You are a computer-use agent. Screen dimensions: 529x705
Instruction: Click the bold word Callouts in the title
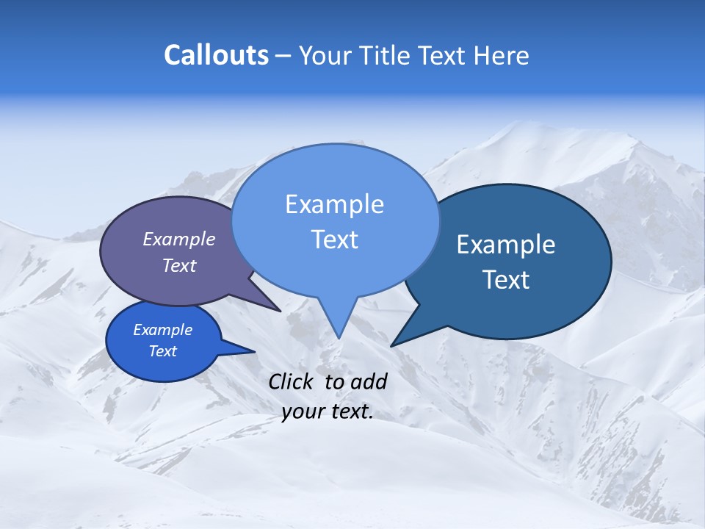217,55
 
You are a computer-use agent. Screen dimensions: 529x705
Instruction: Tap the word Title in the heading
385,55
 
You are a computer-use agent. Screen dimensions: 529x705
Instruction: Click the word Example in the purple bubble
179,239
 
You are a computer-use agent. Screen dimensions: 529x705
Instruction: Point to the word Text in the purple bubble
179,265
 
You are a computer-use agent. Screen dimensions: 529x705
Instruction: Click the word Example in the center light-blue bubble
334,204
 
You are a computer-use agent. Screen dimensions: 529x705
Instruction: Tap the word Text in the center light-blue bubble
334,240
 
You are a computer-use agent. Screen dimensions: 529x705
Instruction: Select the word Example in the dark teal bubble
506,245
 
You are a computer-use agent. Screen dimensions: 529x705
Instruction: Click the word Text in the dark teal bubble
506,280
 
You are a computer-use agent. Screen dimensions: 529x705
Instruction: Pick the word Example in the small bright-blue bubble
163,330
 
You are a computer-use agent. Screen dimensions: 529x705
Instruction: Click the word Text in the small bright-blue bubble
163,351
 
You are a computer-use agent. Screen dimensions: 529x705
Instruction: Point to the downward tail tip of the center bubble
339,337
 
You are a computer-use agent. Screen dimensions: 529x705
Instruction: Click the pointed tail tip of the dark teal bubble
391,345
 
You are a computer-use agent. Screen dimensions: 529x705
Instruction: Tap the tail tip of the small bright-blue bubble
254,351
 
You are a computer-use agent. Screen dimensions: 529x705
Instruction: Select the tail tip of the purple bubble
280,311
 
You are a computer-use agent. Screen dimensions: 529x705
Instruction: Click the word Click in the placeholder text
292,381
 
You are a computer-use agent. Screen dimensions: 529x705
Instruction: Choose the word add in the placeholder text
369,381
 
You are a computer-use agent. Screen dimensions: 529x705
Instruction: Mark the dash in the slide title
283,55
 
